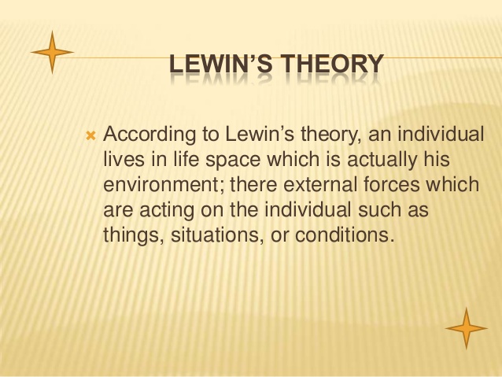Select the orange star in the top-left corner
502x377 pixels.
coord(52,52)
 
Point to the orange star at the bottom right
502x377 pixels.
coord(466,327)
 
